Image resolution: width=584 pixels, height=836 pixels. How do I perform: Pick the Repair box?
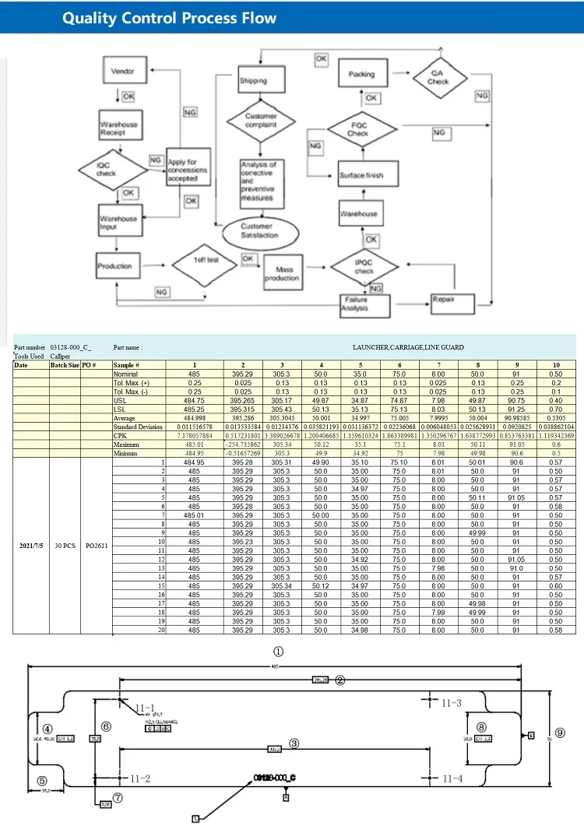(453, 300)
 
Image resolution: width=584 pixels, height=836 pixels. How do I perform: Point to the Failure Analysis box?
(364, 304)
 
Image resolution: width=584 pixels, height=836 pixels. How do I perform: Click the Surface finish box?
(361, 175)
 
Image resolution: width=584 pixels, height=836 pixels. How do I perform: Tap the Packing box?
(361, 74)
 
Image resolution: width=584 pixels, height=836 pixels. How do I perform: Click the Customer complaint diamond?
(262, 121)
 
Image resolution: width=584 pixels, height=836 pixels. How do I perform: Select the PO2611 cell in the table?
(97, 546)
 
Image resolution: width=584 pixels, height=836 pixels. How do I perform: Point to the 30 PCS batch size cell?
(65, 546)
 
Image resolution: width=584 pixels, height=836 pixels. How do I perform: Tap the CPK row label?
(121, 437)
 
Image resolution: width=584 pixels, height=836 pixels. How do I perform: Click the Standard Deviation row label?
(139, 427)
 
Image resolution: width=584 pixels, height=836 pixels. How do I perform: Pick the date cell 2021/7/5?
(31, 546)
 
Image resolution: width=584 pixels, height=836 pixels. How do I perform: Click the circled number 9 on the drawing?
(561, 732)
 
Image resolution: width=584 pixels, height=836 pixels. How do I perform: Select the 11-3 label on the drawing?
(452, 703)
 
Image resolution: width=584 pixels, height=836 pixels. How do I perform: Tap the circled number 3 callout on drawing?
(294, 743)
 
